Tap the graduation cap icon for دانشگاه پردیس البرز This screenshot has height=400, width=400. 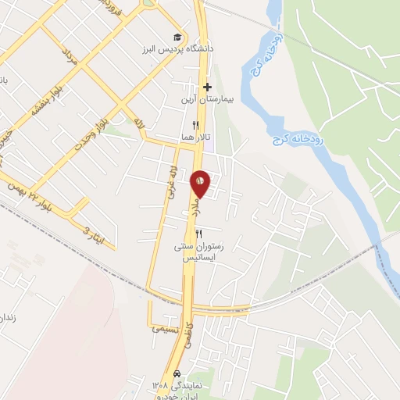click(x=178, y=37)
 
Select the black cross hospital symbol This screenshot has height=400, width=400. click(x=207, y=87)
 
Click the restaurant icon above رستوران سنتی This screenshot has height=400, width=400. click(x=198, y=234)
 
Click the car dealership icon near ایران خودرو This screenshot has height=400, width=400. click(x=178, y=373)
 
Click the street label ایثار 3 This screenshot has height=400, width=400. click(x=92, y=229)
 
